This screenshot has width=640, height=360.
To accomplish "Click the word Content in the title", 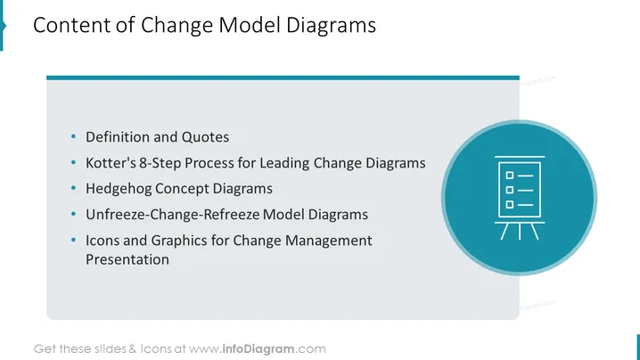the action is tap(72, 25).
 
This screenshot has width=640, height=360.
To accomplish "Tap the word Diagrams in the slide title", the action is tap(331, 26).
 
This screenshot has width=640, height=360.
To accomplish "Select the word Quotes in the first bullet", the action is tap(205, 137).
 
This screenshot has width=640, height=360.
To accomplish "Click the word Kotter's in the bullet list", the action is tap(111, 163).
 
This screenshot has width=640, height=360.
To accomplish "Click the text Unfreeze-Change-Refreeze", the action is tap(173, 215).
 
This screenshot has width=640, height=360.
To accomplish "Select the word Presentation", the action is tap(127, 259).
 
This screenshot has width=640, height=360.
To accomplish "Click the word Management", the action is tap(328, 241).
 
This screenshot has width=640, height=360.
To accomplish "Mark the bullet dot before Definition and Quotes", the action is tap(73, 136).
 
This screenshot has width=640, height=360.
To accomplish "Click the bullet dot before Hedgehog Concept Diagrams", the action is tap(73, 188).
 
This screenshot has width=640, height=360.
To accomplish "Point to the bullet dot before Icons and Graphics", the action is tap(73, 240).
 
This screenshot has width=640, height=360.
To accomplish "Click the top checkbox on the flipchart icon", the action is tap(509, 176).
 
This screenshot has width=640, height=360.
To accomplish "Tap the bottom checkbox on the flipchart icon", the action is tap(509, 204).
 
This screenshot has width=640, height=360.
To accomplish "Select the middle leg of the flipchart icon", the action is tap(520, 232).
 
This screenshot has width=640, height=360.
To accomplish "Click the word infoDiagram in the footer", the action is tap(258, 349).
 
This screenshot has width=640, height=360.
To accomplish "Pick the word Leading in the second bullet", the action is tap(285, 164).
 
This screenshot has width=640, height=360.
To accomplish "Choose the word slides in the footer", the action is tap(111, 349).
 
